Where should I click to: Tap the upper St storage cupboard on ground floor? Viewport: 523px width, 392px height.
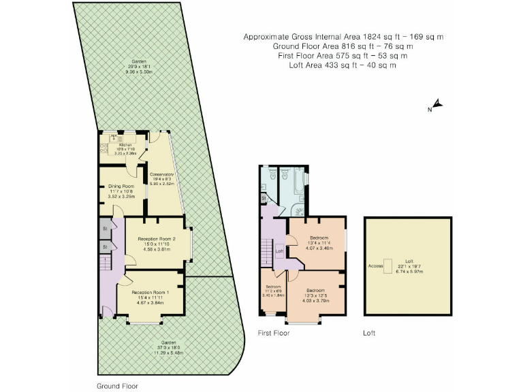point(106,229)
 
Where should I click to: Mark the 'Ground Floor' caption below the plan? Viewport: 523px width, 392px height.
point(117,385)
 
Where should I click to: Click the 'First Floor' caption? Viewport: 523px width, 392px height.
point(273,333)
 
